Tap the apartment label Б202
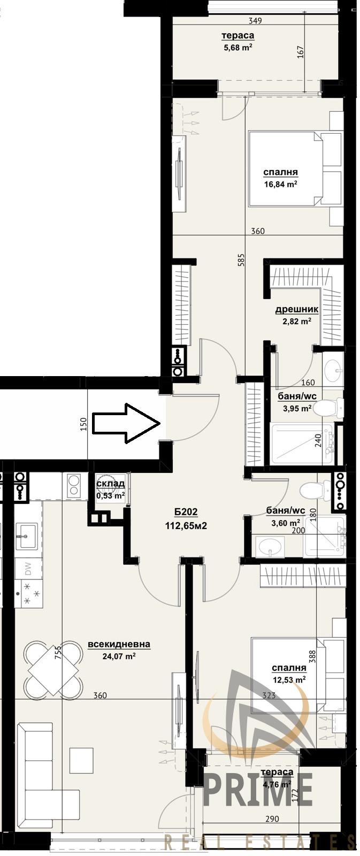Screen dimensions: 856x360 click(186, 512)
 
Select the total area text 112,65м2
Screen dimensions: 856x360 click(186, 525)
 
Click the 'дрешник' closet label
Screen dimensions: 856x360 click(296, 309)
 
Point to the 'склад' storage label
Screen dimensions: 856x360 click(110, 484)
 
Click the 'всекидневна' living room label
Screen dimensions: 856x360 click(119, 645)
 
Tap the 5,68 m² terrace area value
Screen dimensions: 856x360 click(238, 47)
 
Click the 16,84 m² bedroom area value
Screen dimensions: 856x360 click(280, 184)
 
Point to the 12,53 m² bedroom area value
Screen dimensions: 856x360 click(288, 679)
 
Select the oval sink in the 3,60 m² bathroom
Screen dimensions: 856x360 click(271, 546)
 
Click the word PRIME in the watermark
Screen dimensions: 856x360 click(257, 790)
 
